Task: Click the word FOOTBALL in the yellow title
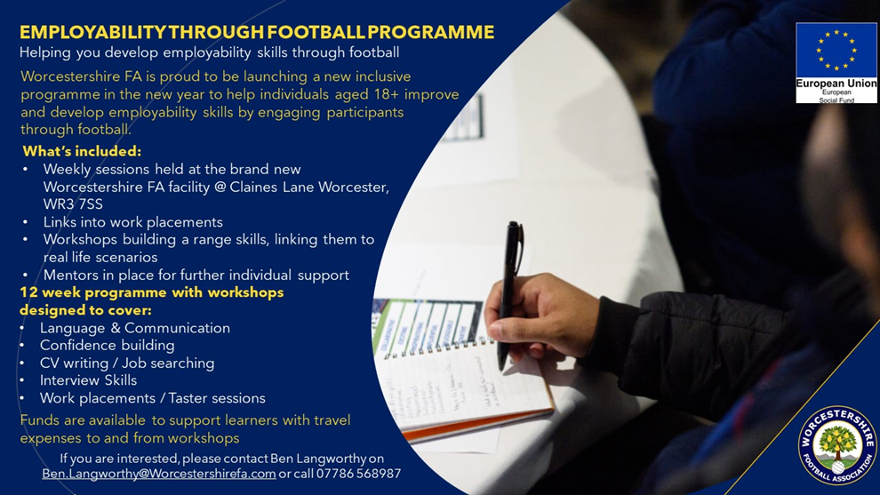[316, 32]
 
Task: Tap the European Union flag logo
[836, 62]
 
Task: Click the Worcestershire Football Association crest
[837, 445]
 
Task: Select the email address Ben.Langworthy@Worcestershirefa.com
[159, 474]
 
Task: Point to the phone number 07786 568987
[358, 474]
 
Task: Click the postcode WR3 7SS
[73, 204]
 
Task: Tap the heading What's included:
[82, 152]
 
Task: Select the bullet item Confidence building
[108, 345]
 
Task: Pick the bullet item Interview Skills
[88, 380]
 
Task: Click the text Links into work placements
[133, 222]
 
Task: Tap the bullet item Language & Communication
[135, 328]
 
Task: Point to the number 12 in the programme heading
[28, 292]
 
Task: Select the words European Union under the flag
[836, 84]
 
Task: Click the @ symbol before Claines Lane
[220, 187]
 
